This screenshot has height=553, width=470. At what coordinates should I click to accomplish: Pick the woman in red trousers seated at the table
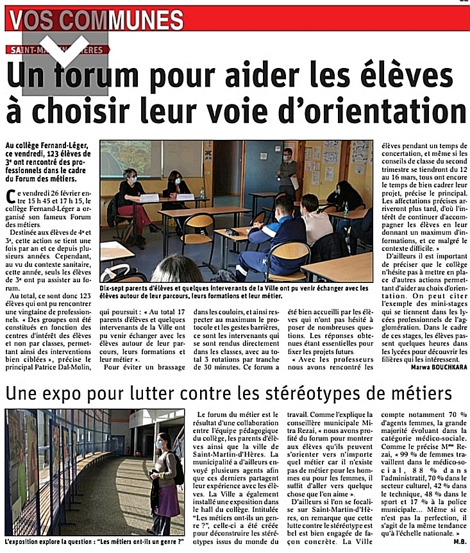pyautogui.click(x=130, y=200)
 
